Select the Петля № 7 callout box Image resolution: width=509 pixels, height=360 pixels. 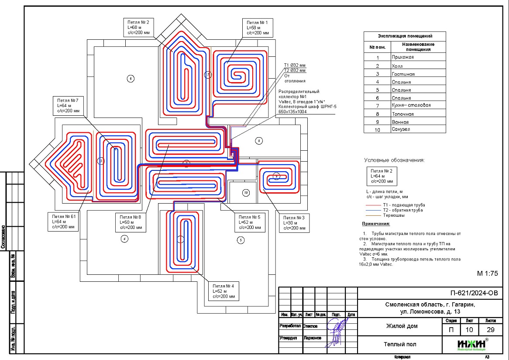pos(67,106)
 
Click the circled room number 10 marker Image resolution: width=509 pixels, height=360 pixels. pos(246,192)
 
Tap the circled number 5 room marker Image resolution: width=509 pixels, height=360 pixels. pos(240,239)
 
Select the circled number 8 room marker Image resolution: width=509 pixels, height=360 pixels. pos(259,141)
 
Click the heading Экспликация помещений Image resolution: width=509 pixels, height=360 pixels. pos(405,36)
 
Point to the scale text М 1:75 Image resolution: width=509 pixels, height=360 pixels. pos(487,273)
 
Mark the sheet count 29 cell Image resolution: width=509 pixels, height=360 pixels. pos(488,330)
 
